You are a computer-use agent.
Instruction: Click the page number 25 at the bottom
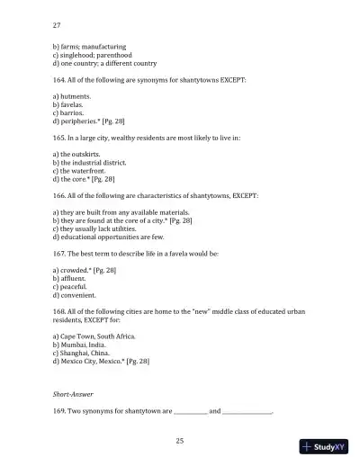pos(180,440)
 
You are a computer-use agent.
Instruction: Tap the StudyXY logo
pos(323,446)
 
